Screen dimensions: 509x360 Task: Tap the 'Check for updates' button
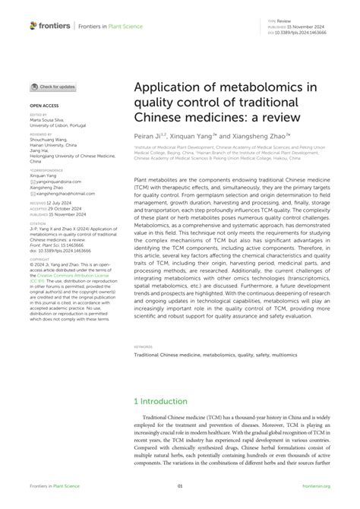coord(55,87)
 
